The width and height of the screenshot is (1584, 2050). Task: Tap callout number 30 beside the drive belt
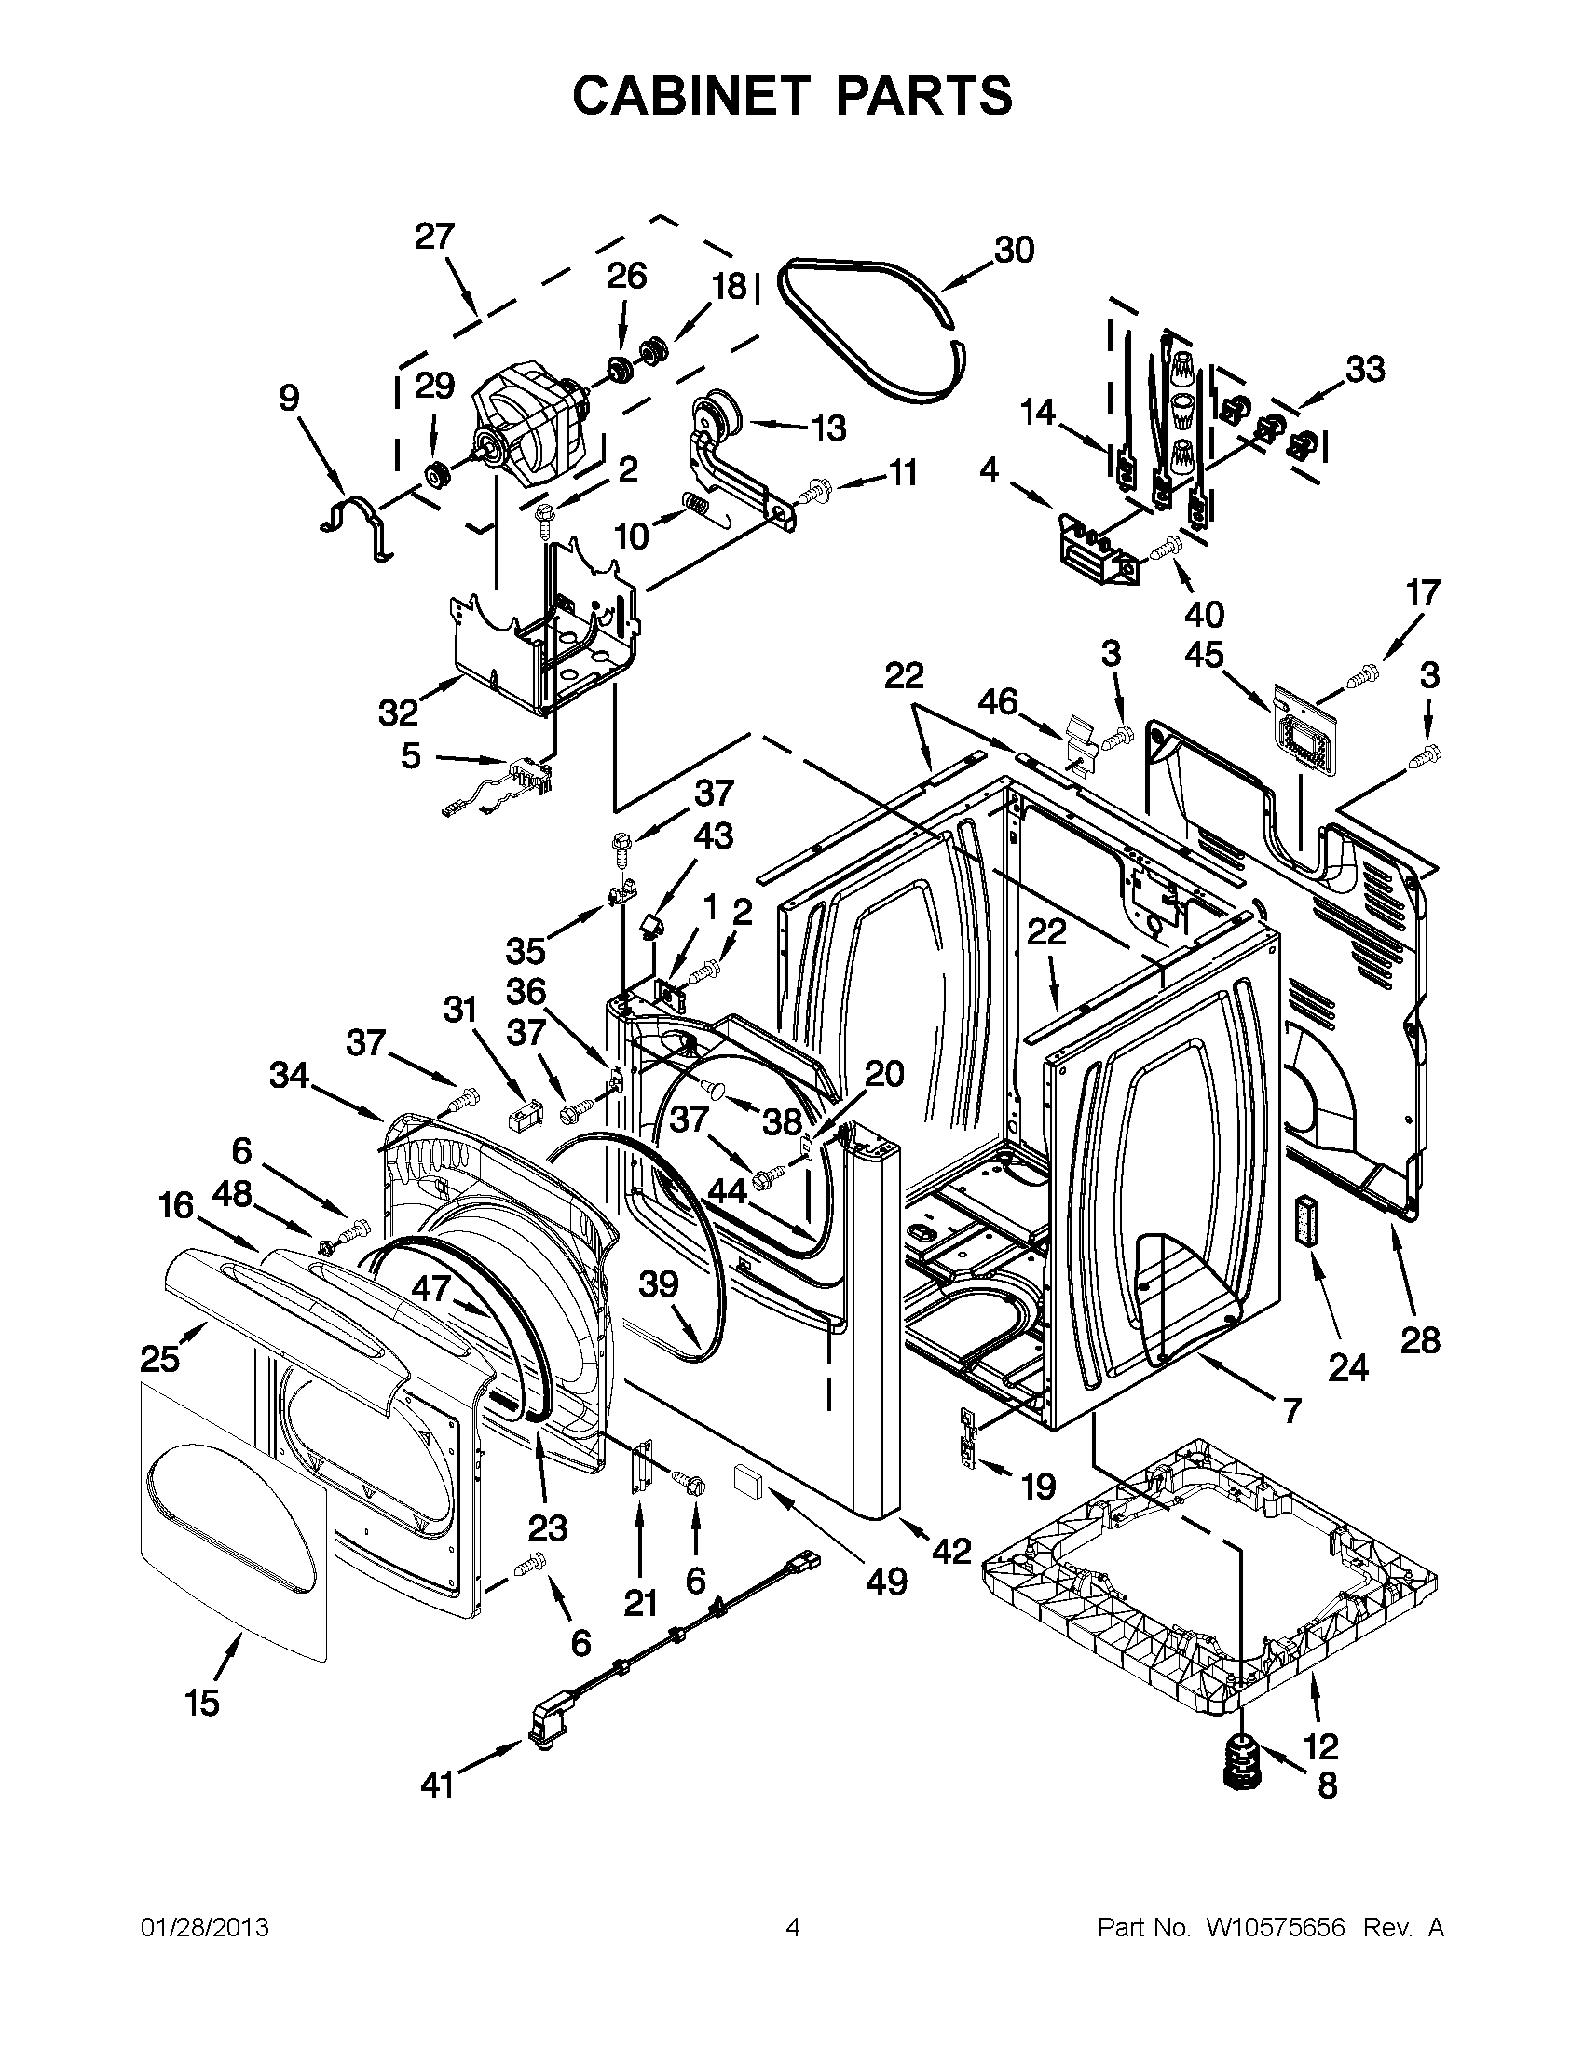1014,250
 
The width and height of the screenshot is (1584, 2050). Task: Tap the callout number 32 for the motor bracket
397,713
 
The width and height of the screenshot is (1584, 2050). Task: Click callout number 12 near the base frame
1320,1745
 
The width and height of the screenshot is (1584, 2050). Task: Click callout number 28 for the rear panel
1420,1340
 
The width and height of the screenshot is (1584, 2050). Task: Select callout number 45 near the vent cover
1205,654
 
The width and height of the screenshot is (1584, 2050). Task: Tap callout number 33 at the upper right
1365,370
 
